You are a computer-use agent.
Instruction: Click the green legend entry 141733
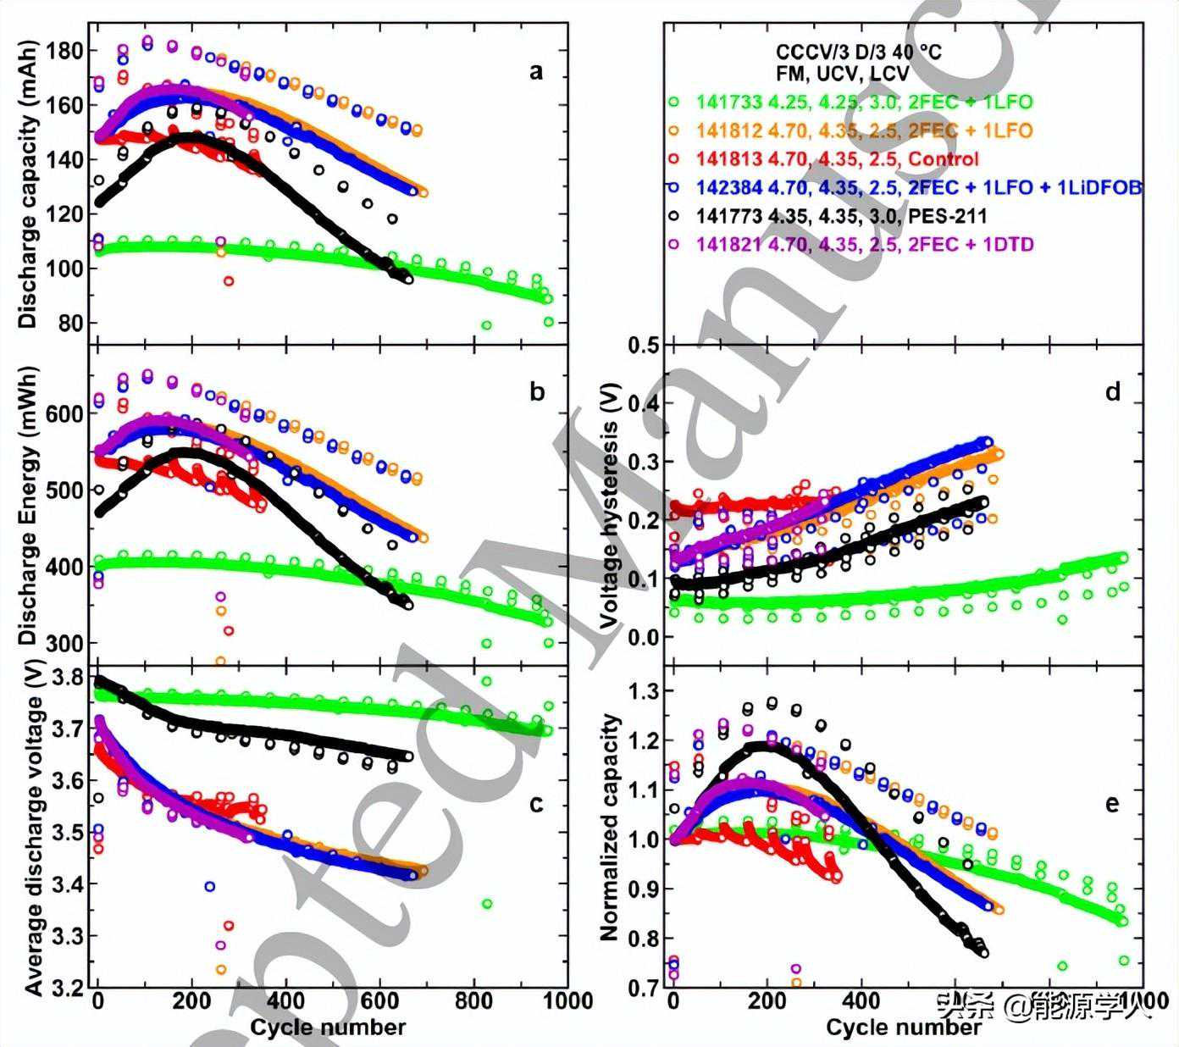[864, 102]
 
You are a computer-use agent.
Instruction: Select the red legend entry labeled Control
[837, 159]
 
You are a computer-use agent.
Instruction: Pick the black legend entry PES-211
[841, 216]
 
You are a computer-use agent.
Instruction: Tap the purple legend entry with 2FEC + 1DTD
[864, 245]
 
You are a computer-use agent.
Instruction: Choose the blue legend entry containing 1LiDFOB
[918, 188]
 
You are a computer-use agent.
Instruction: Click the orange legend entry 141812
[864, 131]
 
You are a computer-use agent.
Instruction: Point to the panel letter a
[535, 72]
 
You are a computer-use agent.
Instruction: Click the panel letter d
[1112, 391]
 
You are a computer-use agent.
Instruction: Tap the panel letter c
[535, 803]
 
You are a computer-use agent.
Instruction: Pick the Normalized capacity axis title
[608, 828]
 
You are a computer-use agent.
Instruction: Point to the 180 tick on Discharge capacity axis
[65, 51]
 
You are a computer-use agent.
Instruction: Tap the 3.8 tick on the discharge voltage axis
[69, 678]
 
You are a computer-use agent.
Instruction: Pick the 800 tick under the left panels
[473, 1001]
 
